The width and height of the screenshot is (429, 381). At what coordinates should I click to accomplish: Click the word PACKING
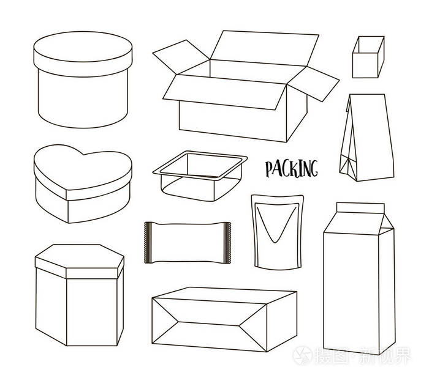pyautogui.click(x=292, y=169)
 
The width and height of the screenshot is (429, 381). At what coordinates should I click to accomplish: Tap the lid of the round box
pyautogui.click(x=83, y=54)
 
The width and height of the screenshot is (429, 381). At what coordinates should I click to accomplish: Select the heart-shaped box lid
pyautogui.click(x=83, y=172)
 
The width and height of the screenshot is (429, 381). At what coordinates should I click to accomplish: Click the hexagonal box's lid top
pyautogui.click(x=80, y=256)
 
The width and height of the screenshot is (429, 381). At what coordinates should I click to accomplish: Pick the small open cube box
pyautogui.click(x=368, y=57)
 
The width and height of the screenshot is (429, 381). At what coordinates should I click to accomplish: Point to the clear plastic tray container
pyautogui.click(x=200, y=176)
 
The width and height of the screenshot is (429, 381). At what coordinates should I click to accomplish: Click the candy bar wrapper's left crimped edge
pyautogui.click(x=148, y=243)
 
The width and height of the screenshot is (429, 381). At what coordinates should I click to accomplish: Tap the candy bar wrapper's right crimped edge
pyautogui.click(x=227, y=243)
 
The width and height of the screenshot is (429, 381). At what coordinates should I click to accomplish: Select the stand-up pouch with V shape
pyautogui.click(x=277, y=232)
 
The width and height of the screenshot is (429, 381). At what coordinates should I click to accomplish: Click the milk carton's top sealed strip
pyautogui.click(x=360, y=208)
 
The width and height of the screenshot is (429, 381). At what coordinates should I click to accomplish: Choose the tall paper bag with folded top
pyautogui.click(x=366, y=138)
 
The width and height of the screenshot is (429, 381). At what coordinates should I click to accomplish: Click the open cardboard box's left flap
pyautogui.click(x=181, y=57)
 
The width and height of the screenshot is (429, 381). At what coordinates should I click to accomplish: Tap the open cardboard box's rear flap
pyautogui.click(x=264, y=48)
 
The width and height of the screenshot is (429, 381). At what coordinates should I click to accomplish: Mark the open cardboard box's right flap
pyautogui.click(x=314, y=84)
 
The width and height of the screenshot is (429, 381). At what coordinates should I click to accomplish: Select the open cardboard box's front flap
pyautogui.click(x=224, y=92)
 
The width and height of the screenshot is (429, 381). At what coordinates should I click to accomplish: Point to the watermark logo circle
pyautogui.click(x=302, y=355)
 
